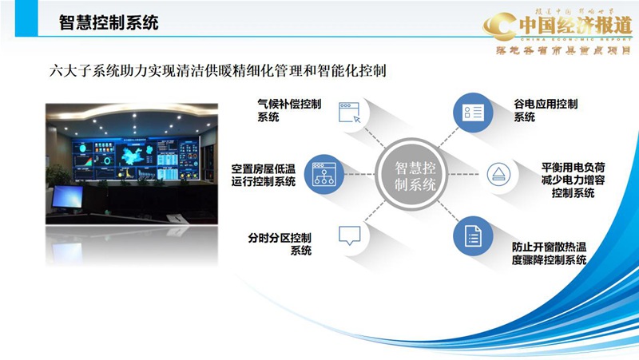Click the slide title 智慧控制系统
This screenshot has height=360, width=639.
coord(109,22)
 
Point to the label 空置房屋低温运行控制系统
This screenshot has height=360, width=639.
coord(263,175)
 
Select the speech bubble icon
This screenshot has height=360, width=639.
coord(349,235)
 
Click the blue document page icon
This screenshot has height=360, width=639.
coord(473,235)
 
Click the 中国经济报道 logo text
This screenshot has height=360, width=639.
coord(570,24)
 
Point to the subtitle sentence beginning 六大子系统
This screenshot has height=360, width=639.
coord(219,71)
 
